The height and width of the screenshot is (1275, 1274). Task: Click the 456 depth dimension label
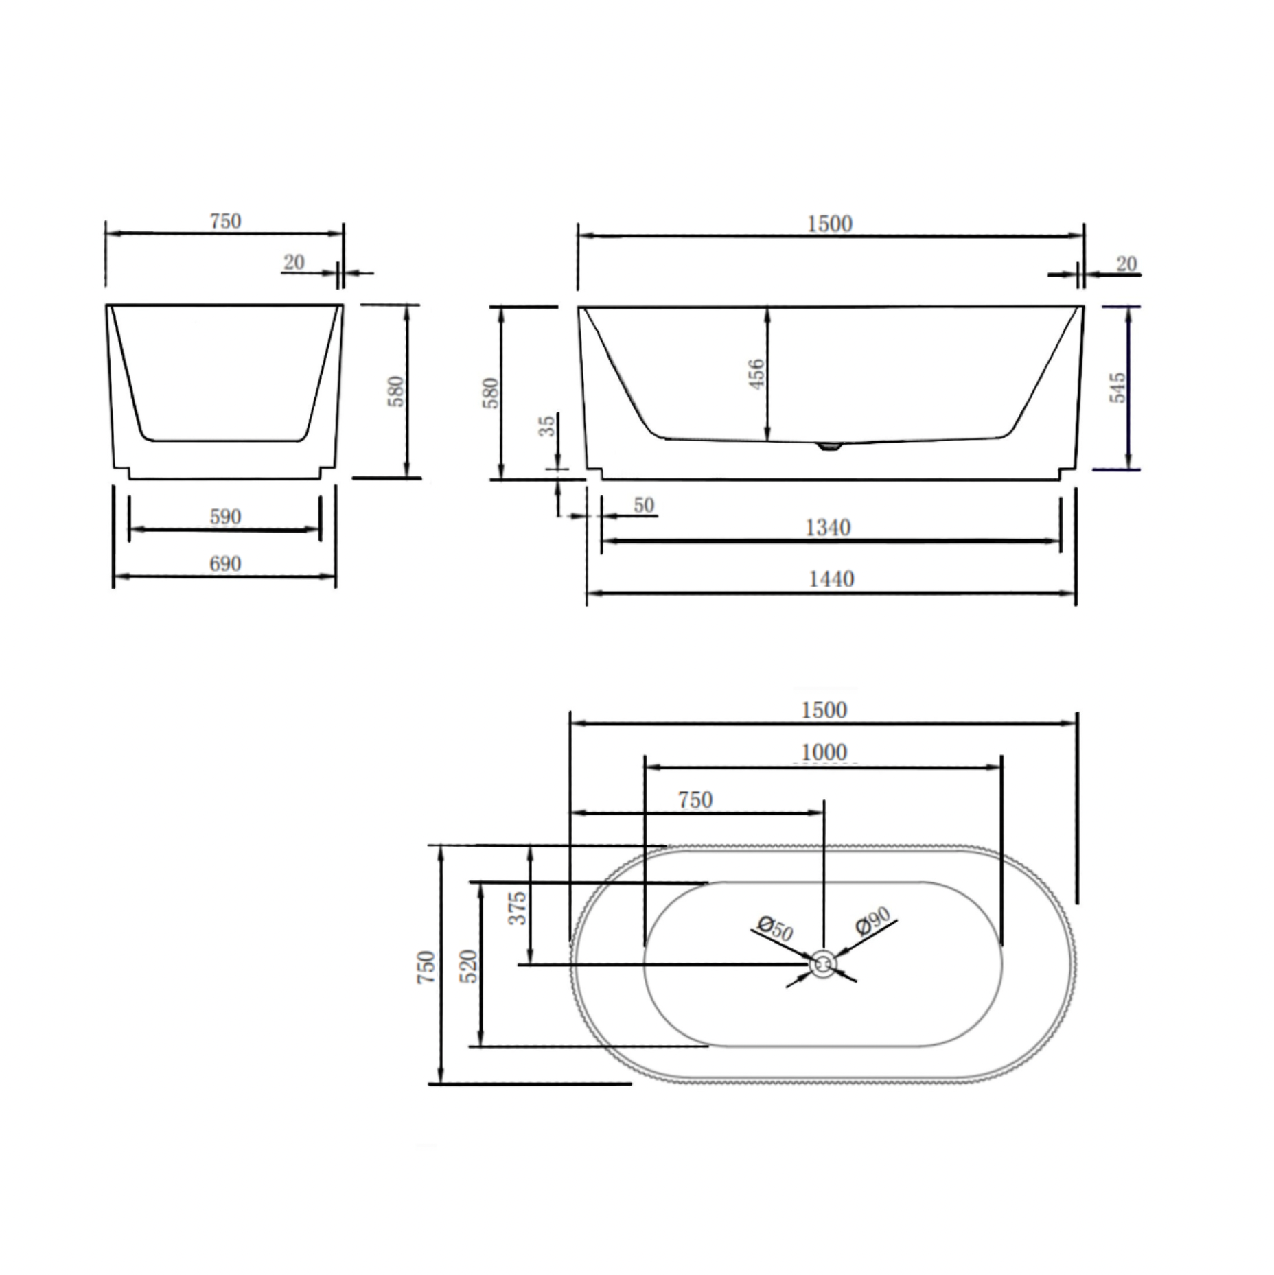pyautogui.click(x=755, y=373)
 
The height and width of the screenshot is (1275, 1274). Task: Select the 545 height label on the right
pyautogui.click(x=1117, y=388)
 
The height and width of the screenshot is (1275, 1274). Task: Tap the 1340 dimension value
pyautogui.click(x=828, y=527)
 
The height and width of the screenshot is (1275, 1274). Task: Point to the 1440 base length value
pyautogui.click(x=831, y=578)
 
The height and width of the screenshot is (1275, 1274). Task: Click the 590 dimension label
pyautogui.click(x=225, y=516)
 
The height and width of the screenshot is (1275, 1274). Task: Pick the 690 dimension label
pyautogui.click(x=225, y=563)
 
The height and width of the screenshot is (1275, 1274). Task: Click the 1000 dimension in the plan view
pyautogui.click(x=824, y=752)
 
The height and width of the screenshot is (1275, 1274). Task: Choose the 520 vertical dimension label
pyautogui.click(x=469, y=966)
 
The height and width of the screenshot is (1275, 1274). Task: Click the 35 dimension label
pyautogui.click(x=547, y=425)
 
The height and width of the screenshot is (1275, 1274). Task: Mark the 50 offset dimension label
pyautogui.click(x=643, y=505)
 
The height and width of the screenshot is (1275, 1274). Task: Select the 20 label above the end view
pyautogui.click(x=294, y=261)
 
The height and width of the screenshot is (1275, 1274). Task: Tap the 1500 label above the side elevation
pyautogui.click(x=830, y=224)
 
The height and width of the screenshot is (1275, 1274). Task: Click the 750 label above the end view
pyautogui.click(x=225, y=221)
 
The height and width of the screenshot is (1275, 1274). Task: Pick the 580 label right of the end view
pyautogui.click(x=397, y=391)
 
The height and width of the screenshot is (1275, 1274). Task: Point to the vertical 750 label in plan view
pyautogui.click(x=426, y=966)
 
